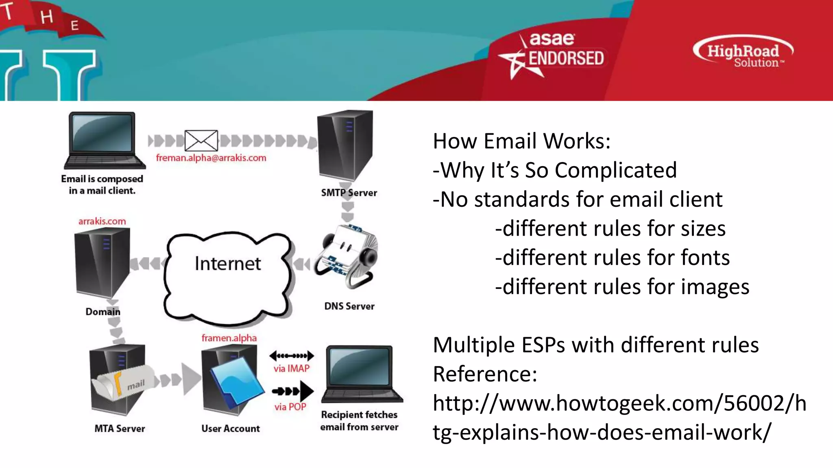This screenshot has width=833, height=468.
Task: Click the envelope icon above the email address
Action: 201,141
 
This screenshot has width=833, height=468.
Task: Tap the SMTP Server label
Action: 349,193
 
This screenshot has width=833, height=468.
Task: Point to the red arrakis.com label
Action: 102,221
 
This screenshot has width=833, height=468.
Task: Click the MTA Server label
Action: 120,429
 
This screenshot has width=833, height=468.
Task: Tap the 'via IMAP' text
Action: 291,368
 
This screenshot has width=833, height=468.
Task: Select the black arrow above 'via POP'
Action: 293,391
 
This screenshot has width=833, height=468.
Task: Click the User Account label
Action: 231,429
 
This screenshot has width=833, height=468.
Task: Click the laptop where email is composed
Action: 104,140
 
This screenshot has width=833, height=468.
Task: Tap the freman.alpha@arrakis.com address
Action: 211,158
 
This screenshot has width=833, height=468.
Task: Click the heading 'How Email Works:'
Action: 521,141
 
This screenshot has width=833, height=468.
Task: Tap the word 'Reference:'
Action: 485,374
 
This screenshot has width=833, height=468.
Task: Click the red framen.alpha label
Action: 229,338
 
